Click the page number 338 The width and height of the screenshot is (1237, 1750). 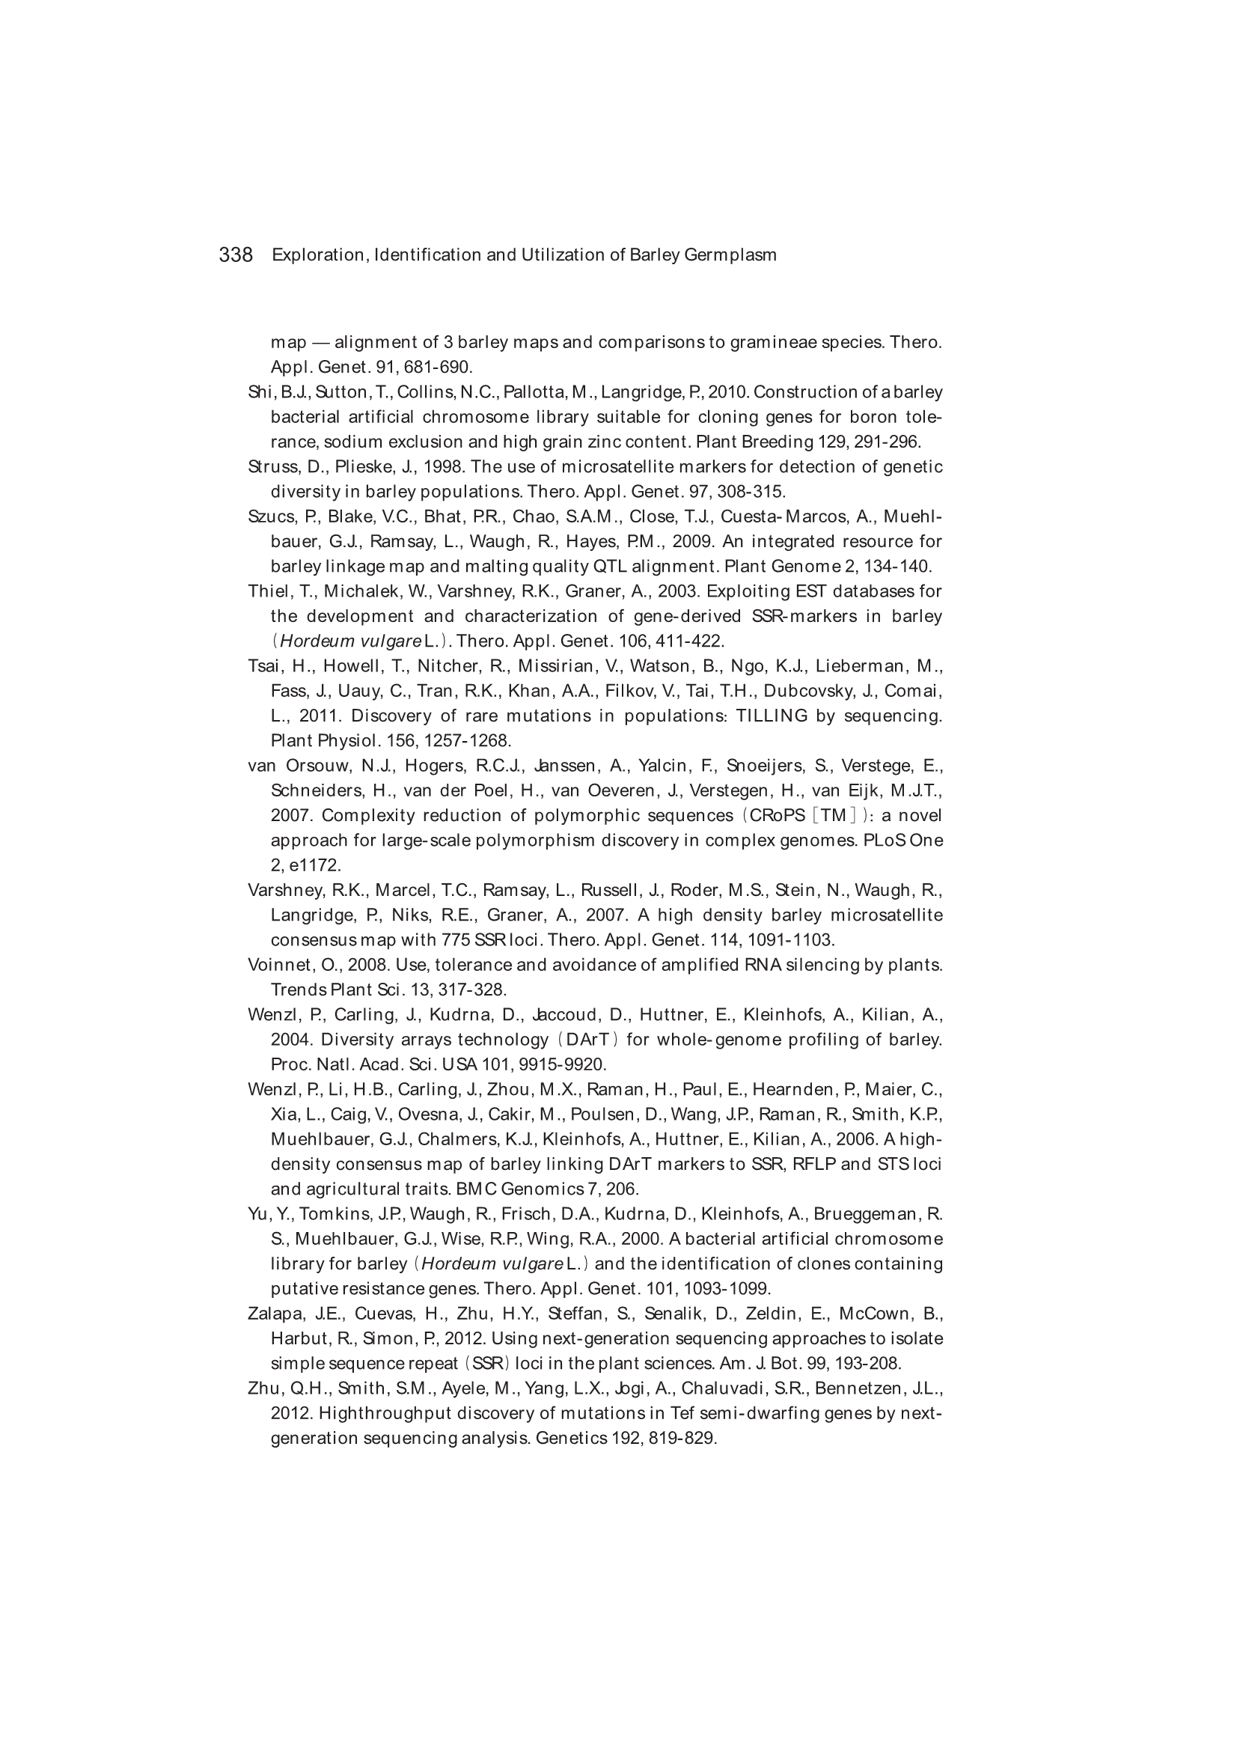point(236,254)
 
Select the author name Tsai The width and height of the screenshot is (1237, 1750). point(263,666)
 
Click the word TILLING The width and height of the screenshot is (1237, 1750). point(772,716)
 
